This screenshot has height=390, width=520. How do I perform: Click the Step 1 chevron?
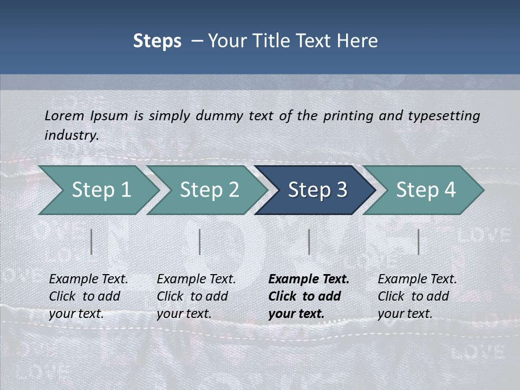click(x=101, y=190)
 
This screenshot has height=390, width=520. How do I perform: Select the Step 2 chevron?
click(x=209, y=190)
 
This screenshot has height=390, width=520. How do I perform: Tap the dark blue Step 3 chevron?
click(x=317, y=190)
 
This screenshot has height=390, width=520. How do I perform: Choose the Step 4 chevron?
click(x=426, y=190)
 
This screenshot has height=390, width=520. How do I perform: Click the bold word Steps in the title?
click(x=157, y=41)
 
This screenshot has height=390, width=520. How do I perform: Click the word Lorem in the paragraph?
click(x=64, y=115)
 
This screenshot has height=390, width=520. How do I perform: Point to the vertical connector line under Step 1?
click(x=92, y=242)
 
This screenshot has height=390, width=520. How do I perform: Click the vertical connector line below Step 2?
click(x=200, y=242)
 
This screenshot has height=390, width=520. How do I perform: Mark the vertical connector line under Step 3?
click(x=309, y=242)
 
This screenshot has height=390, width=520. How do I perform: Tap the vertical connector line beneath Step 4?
click(x=418, y=242)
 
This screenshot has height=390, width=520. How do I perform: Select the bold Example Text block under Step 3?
click(x=309, y=296)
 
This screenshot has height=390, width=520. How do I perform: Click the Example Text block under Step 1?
click(x=88, y=296)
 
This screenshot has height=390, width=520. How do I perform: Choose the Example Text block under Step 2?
click(x=196, y=296)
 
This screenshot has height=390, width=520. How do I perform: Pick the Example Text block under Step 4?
click(x=417, y=296)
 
